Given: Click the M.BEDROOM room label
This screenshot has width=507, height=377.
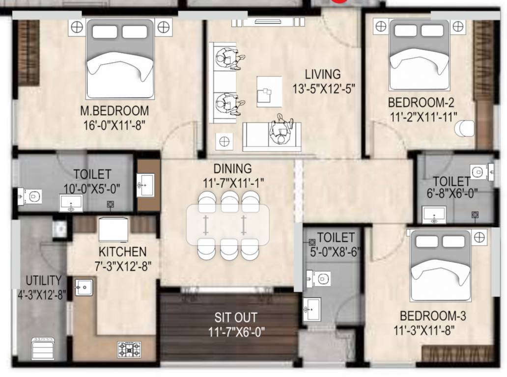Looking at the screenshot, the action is click(114, 111).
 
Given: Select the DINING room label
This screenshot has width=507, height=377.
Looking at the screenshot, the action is click(232, 169).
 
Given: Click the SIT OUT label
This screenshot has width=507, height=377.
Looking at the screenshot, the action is click(236, 318).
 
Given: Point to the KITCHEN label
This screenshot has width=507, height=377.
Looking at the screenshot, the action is click(122, 252).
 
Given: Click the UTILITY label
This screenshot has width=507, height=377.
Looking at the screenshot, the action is click(44, 280).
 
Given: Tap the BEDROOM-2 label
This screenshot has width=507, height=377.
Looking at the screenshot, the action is click(421, 103).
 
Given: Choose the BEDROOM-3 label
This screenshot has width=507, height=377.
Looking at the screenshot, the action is click(433, 316).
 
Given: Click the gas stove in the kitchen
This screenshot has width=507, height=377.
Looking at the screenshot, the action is click(129, 350).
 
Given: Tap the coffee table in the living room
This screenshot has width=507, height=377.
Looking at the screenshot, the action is click(269, 91).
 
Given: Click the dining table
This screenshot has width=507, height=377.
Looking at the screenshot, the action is click(227, 225).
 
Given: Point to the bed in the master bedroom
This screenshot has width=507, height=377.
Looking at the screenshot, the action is click(120, 59).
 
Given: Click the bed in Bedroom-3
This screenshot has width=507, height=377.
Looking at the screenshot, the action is click(440, 265).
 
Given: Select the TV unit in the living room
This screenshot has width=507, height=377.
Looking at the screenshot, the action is click(268, 22).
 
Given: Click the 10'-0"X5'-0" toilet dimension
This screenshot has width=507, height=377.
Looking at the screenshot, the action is click(92, 188).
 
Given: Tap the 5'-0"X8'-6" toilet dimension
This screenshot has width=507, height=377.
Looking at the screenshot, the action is click(336, 252).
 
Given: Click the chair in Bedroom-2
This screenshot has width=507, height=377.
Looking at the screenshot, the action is click(464, 128).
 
